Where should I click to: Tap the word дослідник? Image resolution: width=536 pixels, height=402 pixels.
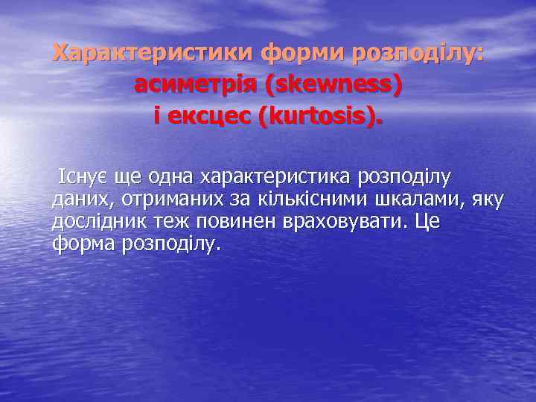tap(95, 222)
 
